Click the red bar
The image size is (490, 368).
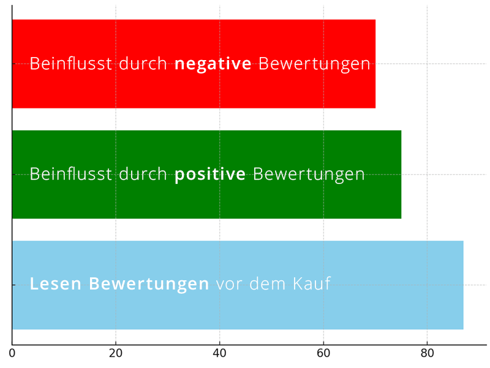[194, 86]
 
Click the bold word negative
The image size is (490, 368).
[213, 64]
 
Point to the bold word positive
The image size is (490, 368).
[210, 175]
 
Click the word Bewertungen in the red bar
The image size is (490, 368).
[314, 64]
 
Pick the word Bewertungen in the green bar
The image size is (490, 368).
[309, 174]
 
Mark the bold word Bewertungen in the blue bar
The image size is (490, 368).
[149, 284]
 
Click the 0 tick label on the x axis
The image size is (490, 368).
[12, 353]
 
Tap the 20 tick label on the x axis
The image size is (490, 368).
[116, 353]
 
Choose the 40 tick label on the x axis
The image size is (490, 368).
[219, 353]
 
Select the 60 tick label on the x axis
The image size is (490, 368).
[323, 353]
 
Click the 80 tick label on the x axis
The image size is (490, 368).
[427, 353]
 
